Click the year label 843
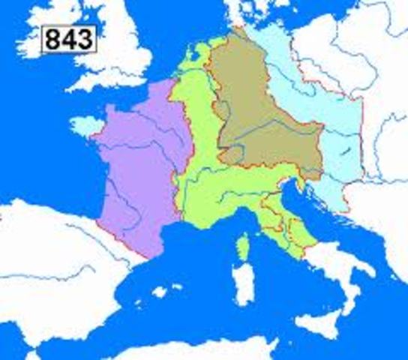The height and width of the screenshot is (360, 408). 70,39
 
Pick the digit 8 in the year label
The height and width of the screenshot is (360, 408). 54,39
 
